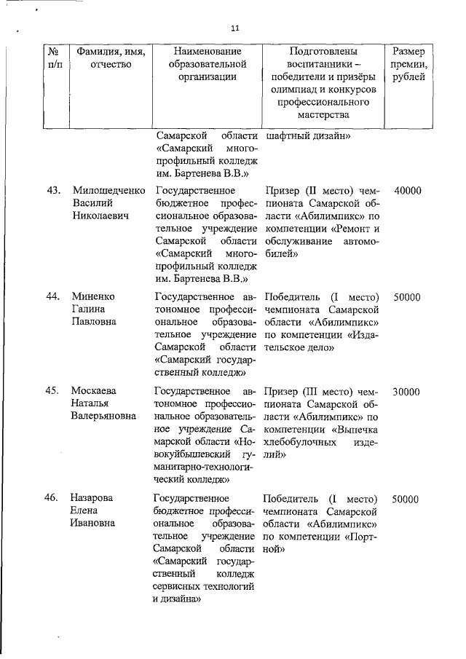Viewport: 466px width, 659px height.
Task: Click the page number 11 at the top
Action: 234,28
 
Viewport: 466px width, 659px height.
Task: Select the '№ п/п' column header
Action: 52,58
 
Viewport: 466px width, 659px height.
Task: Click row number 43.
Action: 52,191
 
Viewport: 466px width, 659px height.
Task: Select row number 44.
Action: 52,297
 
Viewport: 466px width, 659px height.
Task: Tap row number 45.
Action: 52,391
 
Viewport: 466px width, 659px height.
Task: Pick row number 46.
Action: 52,499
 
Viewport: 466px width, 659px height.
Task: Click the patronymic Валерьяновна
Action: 103,417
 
